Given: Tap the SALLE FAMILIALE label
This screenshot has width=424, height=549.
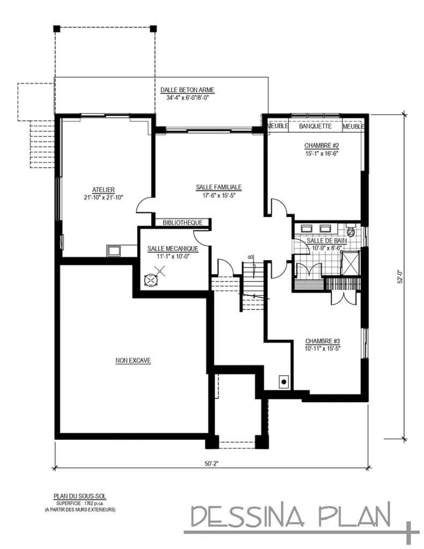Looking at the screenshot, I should [x=218, y=187].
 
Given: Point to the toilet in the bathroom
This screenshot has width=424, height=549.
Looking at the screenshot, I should [x=351, y=232].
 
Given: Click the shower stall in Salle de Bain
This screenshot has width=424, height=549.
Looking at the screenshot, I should [x=352, y=262].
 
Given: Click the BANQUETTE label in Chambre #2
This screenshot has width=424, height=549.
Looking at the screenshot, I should [x=315, y=127].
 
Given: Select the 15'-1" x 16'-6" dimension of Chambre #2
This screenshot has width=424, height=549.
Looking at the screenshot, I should [x=322, y=153].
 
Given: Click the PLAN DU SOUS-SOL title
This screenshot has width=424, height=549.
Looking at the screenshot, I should [x=79, y=497].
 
